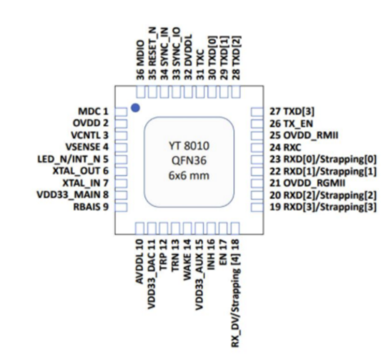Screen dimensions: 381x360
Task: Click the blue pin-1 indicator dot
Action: (x=135, y=108)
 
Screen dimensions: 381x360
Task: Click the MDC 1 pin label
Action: (x=93, y=112)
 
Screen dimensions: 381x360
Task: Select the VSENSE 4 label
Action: (x=87, y=147)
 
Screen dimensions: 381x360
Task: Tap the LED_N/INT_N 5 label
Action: (x=73, y=159)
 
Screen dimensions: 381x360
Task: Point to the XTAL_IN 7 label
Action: (x=86, y=183)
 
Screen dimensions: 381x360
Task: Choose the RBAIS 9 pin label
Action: (x=91, y=207)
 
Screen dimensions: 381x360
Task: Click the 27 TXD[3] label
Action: (x=292, y=112)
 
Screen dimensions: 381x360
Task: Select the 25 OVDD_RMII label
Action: (x=304, y=135)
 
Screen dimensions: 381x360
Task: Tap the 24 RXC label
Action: (x=285, y=147)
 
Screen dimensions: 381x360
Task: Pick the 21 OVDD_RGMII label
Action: (x=307, y=183)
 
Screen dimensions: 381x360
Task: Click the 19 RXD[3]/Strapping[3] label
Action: (x=323, y=207)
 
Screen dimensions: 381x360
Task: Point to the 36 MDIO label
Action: (x=140, y=60)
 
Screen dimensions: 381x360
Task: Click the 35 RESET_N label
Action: (x=152, y=53)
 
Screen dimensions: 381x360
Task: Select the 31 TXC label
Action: (x=200, y=64)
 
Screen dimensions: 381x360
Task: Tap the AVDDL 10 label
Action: (x=139, y=261)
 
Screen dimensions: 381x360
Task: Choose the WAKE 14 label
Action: (x=187, y=260)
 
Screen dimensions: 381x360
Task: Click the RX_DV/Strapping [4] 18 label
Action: (x=235, y=293)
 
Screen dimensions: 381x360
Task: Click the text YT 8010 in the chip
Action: (x=189, y=146)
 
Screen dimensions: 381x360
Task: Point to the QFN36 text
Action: (x=189, y=161)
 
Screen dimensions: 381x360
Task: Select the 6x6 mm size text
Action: (x=189, y=175)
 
